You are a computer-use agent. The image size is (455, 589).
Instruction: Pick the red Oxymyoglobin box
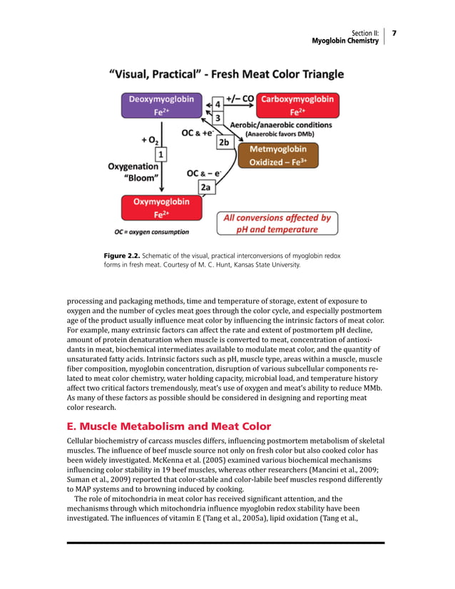(161, 208)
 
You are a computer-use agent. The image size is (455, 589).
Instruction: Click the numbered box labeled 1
(162, 154)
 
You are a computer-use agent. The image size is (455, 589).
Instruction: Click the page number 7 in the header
(394, 34)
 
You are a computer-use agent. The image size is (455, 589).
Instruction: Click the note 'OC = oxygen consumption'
(151, 231)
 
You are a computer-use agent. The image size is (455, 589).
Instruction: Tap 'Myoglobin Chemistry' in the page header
(345, 41)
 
